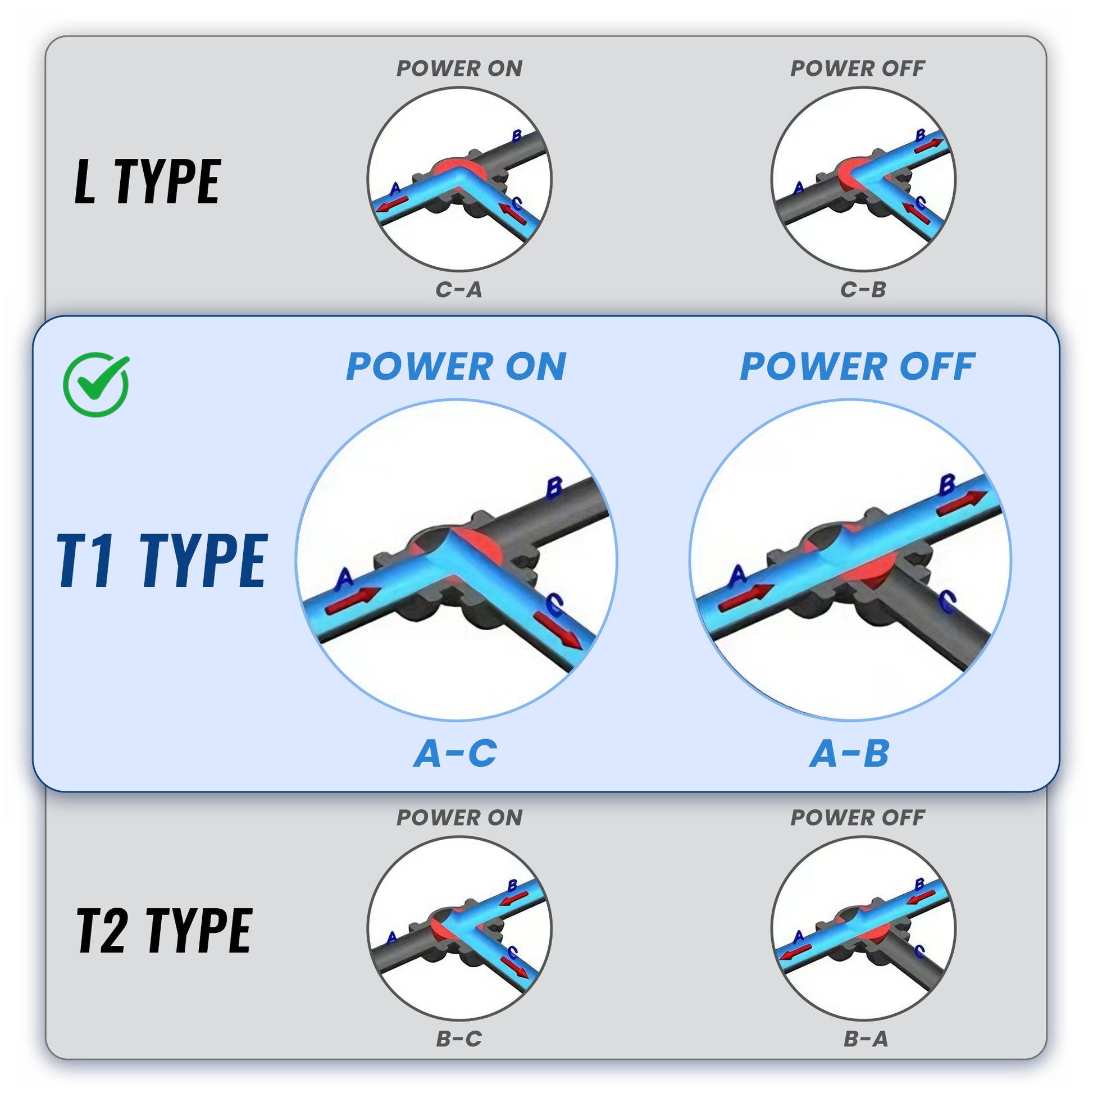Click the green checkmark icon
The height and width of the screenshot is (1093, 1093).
(x=96, y=385)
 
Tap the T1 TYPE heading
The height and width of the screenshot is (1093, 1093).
(x=162, y=560)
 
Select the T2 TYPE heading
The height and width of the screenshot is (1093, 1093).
(x=164, y=931)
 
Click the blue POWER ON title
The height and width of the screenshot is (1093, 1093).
(x=456, y=367)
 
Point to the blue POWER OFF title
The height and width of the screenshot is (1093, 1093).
(x=857, y=367)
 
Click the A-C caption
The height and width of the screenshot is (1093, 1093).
(x=456, y=754)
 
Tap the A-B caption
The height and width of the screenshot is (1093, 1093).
(x=849, y=754)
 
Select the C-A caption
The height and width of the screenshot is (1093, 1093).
(x=459, y=290)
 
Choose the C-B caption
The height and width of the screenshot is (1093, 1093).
(x=863, y=290)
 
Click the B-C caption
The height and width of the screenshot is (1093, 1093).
(x=459, y=1039)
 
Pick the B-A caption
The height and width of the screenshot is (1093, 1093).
(x=866, y=1039)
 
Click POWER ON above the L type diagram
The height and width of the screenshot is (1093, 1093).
(x=459, y=69)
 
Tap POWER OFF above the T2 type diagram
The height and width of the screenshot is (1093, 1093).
(x=857, y=817)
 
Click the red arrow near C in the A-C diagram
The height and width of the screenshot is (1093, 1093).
(x=558, y=631)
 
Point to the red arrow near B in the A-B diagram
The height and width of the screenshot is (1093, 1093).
(x=962, y=503)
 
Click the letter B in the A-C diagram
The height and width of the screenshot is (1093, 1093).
(x=554, y=488)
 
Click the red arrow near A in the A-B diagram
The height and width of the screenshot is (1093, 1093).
(x=746, y=598)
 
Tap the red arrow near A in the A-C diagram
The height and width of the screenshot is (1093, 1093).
(x=352, y=601)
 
